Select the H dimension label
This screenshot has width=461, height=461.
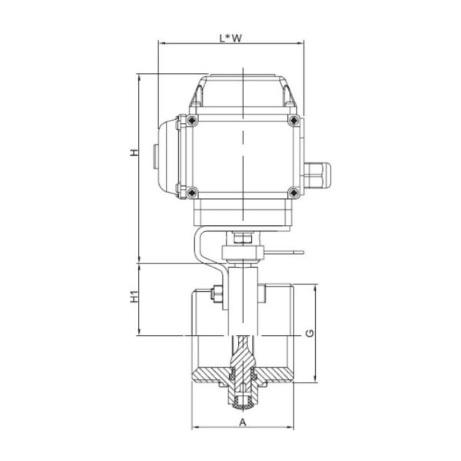point(133,154)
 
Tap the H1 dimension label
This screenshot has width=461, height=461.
point(133,297)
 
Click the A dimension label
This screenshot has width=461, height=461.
point(243,422)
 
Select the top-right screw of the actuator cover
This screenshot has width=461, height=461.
point(293,120)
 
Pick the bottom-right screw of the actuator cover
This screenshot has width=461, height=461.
point(293,191)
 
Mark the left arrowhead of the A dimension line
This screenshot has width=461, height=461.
point(194,428)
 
